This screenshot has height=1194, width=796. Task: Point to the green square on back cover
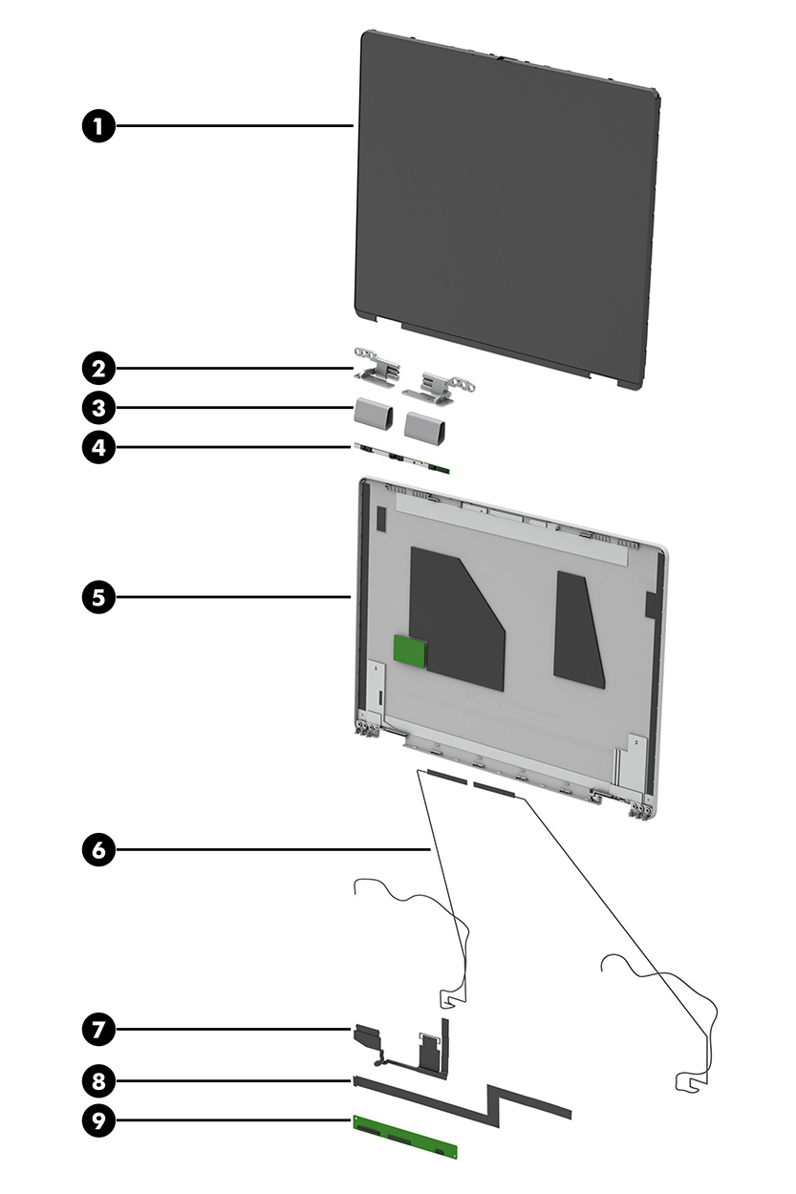point(410,651)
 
